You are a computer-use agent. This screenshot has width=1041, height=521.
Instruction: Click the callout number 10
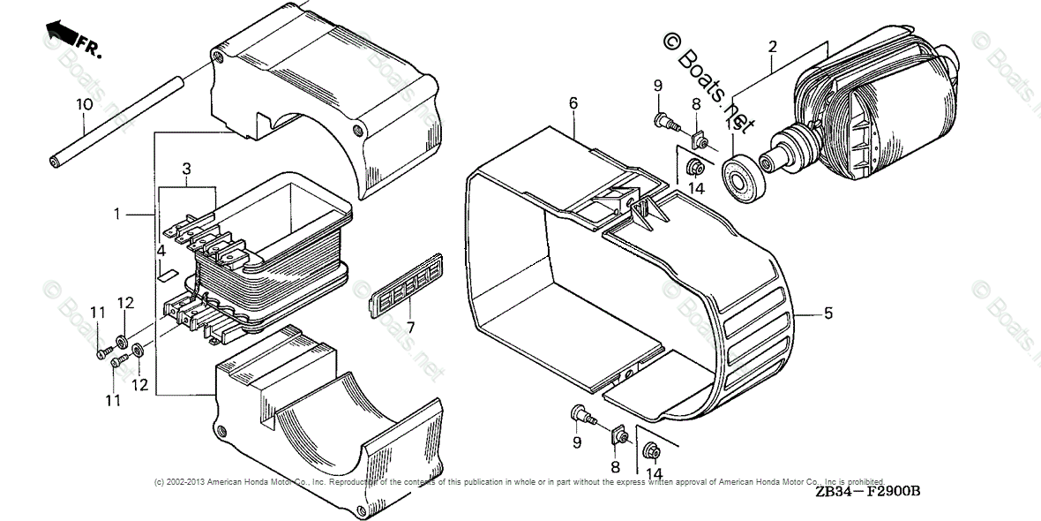(84, 104)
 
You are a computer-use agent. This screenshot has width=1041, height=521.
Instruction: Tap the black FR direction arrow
(61, 33)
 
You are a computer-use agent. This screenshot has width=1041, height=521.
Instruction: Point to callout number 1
(116, 215)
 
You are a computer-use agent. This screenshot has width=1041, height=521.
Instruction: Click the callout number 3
(186, 168)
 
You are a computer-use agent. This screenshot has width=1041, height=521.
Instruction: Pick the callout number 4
(161, 252)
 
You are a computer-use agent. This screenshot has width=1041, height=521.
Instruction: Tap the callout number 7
(409, 327)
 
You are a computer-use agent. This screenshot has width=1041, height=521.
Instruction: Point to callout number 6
(573, 103)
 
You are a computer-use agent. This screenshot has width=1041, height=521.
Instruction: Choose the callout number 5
(828, 313)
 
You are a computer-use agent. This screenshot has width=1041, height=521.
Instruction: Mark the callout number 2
(772, 47)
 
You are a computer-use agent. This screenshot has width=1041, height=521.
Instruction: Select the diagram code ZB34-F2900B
(868, 492)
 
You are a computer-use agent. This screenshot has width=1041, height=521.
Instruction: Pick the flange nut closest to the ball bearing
(694, 166)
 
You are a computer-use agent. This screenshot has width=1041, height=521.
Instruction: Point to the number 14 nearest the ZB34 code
(654, 474)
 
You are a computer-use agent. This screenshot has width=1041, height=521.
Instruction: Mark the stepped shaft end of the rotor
(780, 154)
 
